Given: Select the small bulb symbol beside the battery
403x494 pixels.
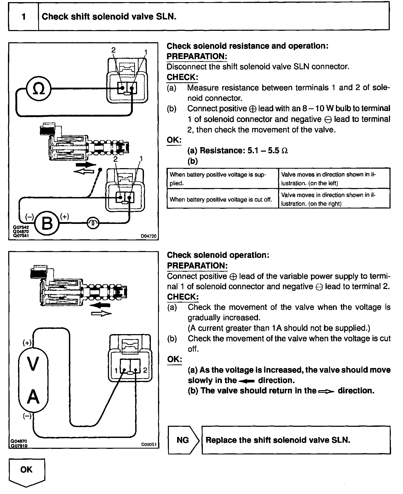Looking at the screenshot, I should (93, 223).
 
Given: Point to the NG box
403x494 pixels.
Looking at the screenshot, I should (183, 440).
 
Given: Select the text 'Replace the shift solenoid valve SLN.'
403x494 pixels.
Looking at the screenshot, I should (278, 440).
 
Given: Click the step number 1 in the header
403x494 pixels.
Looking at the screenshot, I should (24, 17).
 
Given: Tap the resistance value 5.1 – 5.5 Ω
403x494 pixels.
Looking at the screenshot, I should (267, 151).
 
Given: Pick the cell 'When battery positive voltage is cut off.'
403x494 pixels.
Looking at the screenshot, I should (221, 199).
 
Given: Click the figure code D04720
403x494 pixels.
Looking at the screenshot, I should (148, 236).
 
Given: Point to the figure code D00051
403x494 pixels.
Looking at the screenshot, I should (149, 444).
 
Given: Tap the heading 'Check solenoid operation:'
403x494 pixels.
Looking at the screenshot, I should (218, 255).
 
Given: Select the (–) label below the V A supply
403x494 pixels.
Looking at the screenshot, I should (27, 416).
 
